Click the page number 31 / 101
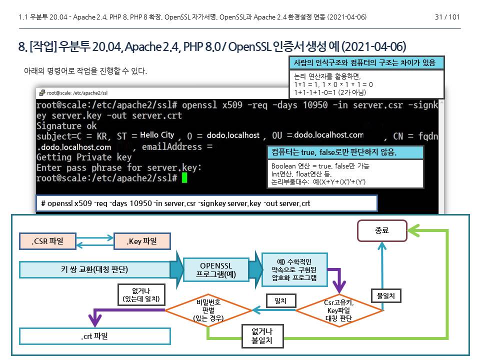[x=447, y=17]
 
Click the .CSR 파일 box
[x=48, y=241]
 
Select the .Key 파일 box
[x=142, y=241]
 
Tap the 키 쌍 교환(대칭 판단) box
[x=94, y=269]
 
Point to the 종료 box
[x=381, y=231]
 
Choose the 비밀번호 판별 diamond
[x=209, y=310]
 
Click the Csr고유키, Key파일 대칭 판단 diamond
[x=339, y=310]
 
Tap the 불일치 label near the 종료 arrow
[x=385, y=295]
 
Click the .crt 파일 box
[x=94, y=336]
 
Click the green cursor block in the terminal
[x=184, y=178]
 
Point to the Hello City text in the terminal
[x=157, y=135]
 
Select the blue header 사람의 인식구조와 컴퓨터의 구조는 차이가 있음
[x=366, y=63]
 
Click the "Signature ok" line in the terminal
[x=66, y=126]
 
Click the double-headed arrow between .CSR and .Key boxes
[x=95, y=241]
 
